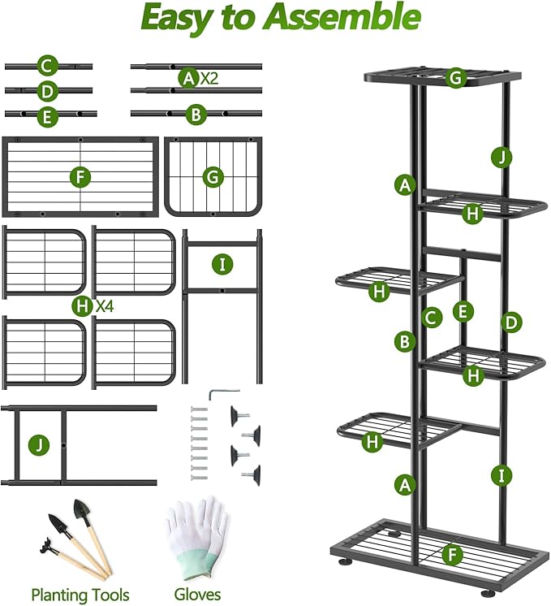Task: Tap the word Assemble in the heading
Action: pos(346,19)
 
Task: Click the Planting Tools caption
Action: pos(80,594)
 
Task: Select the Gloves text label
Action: pos(197,594)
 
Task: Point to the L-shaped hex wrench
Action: pos(218,393)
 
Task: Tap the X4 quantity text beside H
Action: pos(104,306)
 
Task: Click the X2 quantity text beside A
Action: pos(209,78)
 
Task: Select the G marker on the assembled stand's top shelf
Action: pos(456,78)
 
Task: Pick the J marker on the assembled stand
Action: pos(501,157)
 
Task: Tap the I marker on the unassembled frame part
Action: pos(222,264)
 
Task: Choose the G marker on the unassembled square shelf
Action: pos(213,176)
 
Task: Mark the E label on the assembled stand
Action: pos(463,310)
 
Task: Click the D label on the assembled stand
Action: pos(510,322)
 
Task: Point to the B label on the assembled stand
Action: pos(404,342)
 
